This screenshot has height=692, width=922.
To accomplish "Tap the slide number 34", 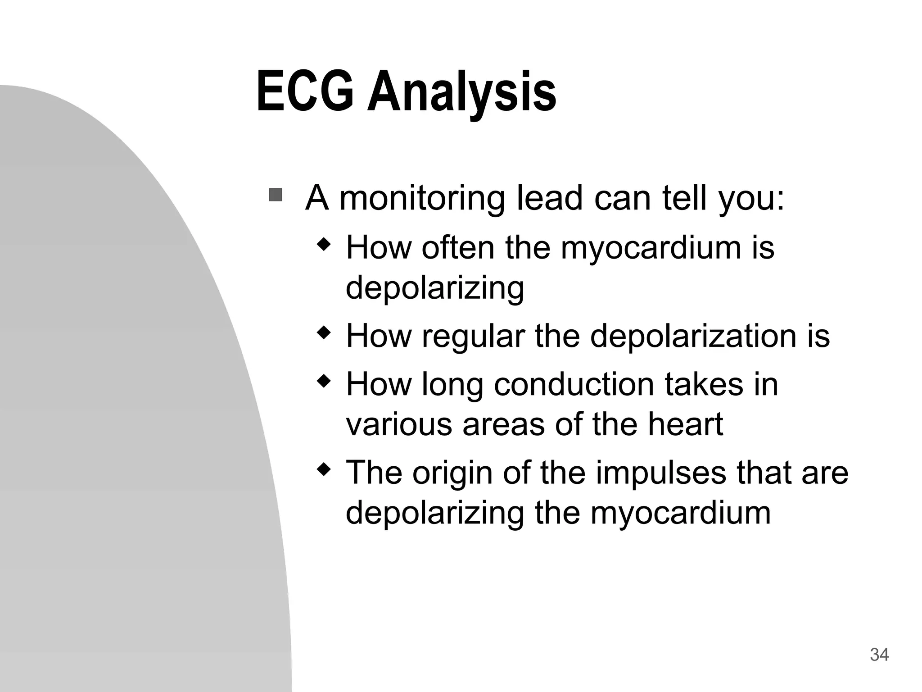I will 879,654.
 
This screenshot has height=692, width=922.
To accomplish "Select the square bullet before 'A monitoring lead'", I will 275,195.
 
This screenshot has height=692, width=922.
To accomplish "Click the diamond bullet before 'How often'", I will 324,246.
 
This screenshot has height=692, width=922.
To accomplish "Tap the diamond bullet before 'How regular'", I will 324,334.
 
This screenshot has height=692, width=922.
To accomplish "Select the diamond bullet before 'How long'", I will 324,382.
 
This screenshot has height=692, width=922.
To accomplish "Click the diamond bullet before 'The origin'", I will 324,470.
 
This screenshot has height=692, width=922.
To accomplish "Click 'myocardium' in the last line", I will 680,513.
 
